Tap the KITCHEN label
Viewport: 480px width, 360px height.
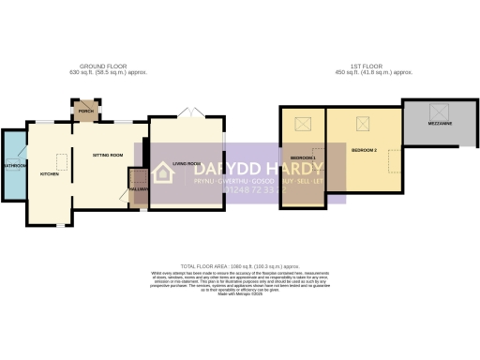tap(49, 174)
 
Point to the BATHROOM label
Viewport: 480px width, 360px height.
tap(13, 166)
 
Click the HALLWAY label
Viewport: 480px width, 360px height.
tap(138, 189)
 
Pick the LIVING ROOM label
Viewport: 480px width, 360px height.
tap(184, 161)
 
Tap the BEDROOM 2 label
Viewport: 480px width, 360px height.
tap(364, 150)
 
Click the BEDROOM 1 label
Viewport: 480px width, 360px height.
tap(302, 157)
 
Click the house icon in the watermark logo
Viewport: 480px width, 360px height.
tap(164, 172)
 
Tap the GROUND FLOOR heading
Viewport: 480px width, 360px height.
tap(104, 66)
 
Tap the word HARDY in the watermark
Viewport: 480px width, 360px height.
tap(278, 167)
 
